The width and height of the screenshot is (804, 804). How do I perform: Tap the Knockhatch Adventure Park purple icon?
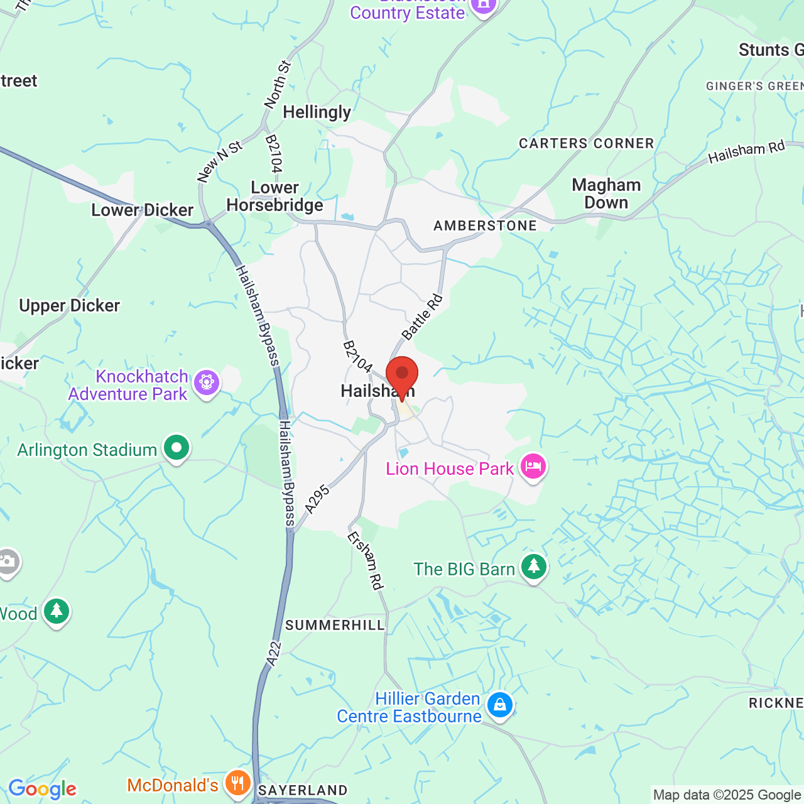(x=207, y=382)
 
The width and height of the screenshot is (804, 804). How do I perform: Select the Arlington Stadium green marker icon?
(x=177, y=448)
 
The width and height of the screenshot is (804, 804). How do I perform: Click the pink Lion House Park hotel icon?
(x=533, y=467)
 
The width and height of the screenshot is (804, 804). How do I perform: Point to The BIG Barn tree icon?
(x=534, y=567)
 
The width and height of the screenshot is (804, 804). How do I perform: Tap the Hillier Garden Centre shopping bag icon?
(x=500, y=705)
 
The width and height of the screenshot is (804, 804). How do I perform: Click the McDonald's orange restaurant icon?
(x=237, y=784)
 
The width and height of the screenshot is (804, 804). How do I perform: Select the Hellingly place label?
(x=317, y=112)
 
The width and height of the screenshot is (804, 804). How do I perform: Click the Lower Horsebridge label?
(x=275, y=196)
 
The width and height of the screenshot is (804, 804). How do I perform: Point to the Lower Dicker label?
(x=142, y=210)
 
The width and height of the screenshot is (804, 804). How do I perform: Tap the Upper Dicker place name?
(x=69, y=306)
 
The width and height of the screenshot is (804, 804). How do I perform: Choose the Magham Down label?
(x=606, y=193)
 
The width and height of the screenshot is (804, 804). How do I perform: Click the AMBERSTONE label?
(x=485, y=225)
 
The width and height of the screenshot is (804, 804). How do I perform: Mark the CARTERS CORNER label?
(x=586, y=143)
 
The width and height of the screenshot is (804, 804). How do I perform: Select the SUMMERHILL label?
(x=335, y=625)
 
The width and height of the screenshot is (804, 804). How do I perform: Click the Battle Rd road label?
(x=423, y=317)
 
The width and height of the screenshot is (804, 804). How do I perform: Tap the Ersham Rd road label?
(x=366, y=561)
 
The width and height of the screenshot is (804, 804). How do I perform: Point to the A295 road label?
(x=317, y=499)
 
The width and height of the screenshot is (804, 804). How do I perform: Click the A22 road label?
(x=274, y=653)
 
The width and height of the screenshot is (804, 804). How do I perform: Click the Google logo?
(x=42, y=789)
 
